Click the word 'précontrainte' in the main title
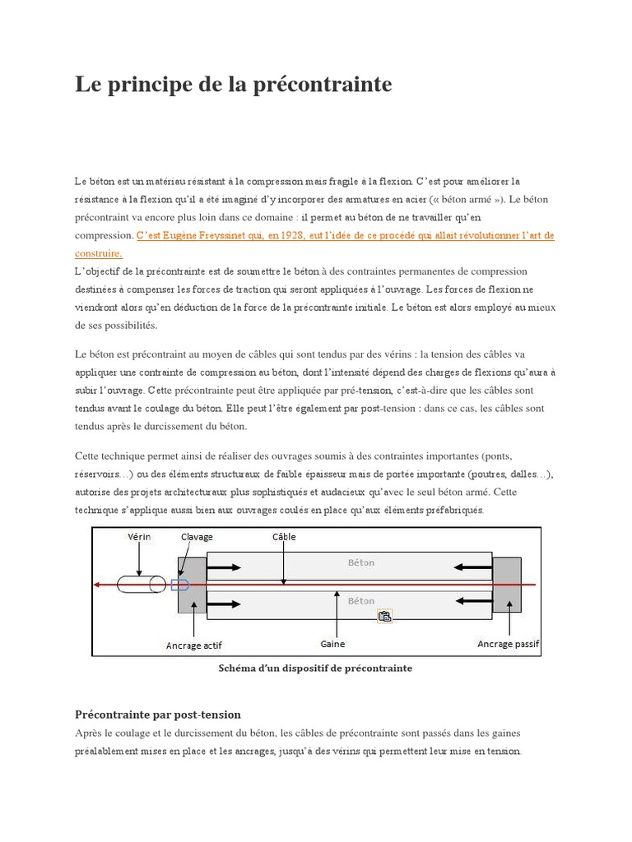pyautogui.click(x=324, y=85)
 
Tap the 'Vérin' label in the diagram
pyautogui.click(x=139, y=537)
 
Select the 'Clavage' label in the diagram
pyautogui.click(x=197, y=537)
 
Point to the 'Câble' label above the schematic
pyautogui.click(x=284, y=537)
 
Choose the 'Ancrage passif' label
pyautogui.click(x=508, y=644)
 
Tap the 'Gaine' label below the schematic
pyautogui.click(x=332, y=645)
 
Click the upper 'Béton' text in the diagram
pyautogui.click(x=360, y=563)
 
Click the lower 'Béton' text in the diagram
pyautogui.click(x=360, y=601)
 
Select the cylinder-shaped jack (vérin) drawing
pyautogui.click(x=142, y=585)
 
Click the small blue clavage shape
pyautogui.click(x=180, y=585)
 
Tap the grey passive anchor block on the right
pyautogui.click(x=506, y=584)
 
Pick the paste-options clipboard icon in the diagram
pyautogui.click(x=384, y=615)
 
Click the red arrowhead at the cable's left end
pyautogui.click(x=97, y=585)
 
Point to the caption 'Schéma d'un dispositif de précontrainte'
pyautogui.click(x=315, y=669)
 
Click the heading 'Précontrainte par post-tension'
pyautogui.click(x=157, y=715)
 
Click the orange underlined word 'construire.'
pyautogui.click(x=98, y=253)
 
